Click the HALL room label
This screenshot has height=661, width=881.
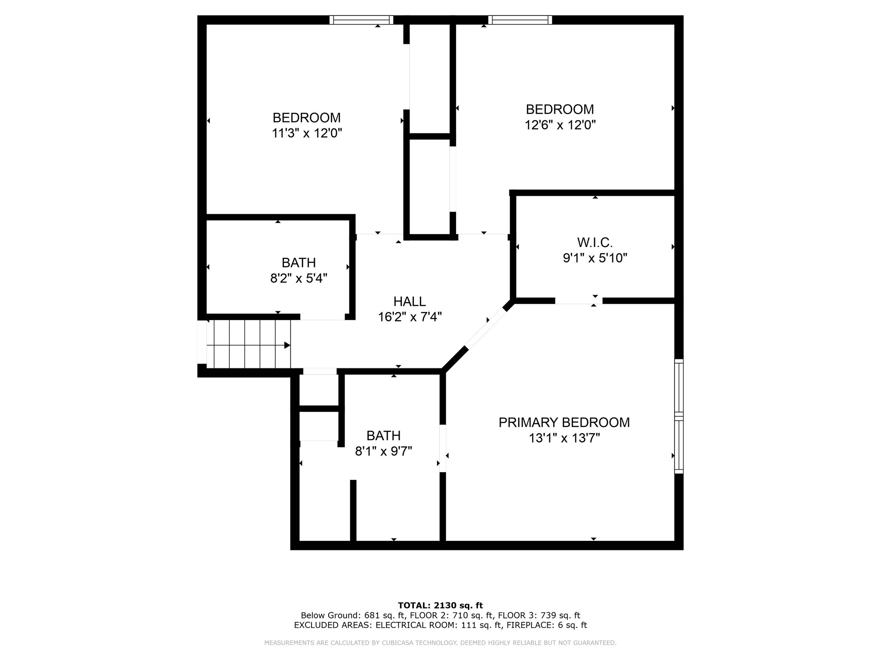409,301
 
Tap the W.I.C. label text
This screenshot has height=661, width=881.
595,243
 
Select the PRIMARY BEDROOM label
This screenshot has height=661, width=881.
564,422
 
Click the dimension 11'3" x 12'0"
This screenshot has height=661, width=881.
307,133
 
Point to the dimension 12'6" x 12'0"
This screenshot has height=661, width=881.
560,125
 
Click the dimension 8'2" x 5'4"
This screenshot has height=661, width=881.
299,278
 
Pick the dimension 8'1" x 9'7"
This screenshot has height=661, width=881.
383,451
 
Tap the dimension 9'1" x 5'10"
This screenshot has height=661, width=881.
595,258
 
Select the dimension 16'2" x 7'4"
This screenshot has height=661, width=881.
410,317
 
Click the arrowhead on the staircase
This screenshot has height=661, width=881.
287,345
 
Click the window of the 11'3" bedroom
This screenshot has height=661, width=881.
361,20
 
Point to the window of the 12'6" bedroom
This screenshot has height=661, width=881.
520,20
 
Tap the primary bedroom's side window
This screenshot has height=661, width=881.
678,416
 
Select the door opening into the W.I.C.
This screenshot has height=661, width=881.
578,301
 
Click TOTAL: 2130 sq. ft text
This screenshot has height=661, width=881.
440,605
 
